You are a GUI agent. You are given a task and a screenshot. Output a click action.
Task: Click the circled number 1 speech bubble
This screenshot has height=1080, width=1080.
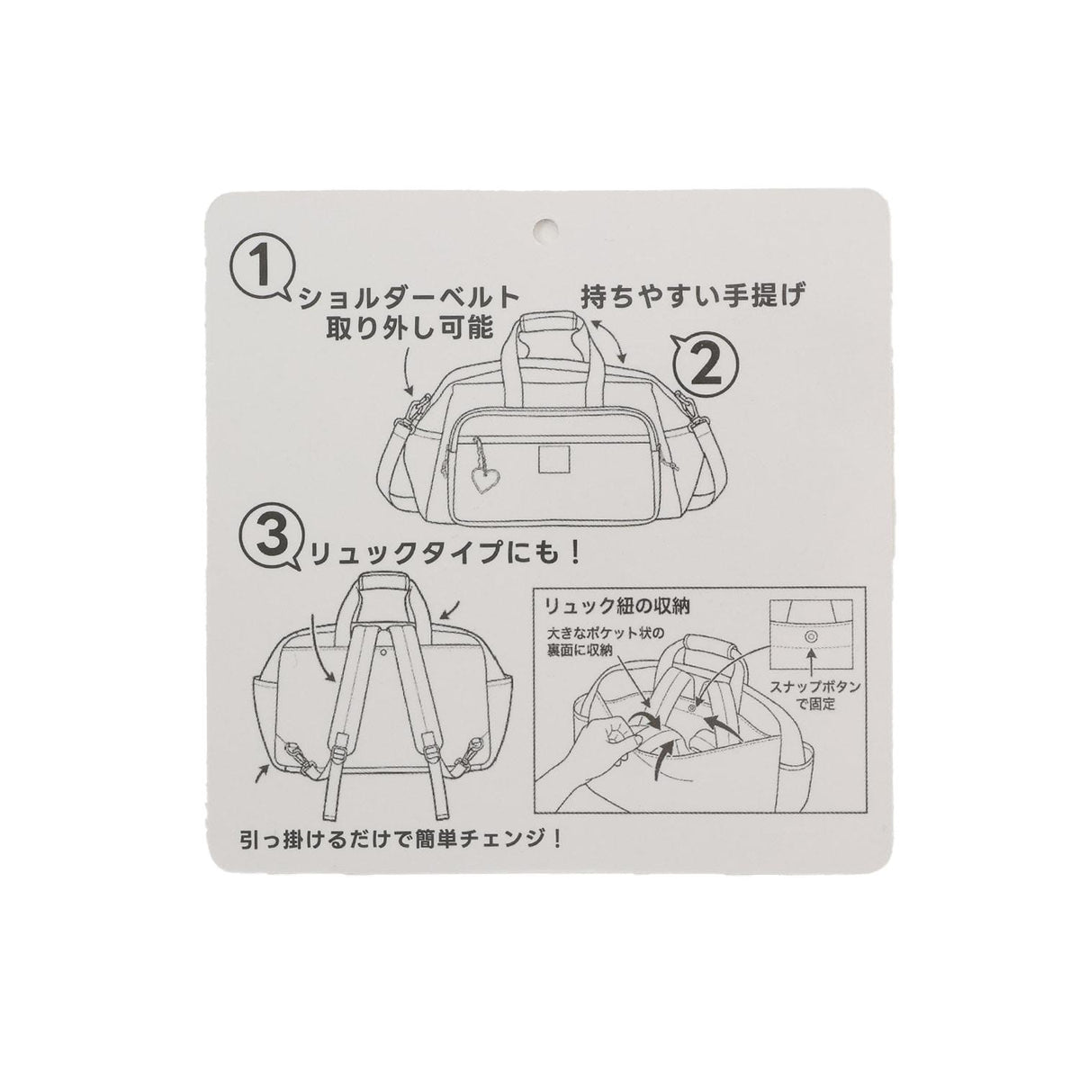coord(261,266)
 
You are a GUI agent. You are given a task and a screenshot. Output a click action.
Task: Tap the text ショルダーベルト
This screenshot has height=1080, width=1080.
coord(409,298)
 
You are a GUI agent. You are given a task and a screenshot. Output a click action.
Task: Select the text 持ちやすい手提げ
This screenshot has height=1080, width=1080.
coord(692,295)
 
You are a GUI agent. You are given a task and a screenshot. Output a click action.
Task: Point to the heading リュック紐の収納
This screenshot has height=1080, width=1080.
coord(617,607)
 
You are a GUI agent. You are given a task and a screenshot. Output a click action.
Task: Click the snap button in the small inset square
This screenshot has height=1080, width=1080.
coord(810,635)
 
